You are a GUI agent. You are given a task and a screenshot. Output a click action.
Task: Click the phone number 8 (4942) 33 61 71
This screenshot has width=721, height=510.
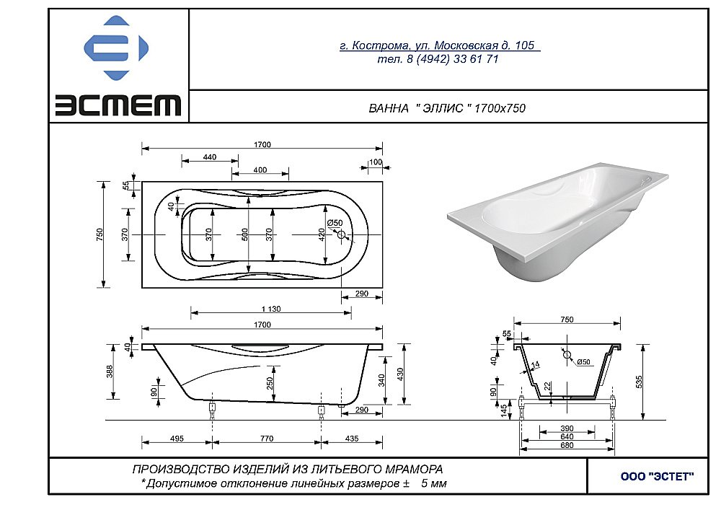(x=438, y=59)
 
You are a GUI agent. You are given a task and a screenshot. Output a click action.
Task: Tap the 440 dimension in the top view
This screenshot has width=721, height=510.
(x=210, y=157)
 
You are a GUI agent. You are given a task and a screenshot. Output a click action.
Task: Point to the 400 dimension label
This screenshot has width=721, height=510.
(x=260, y=170)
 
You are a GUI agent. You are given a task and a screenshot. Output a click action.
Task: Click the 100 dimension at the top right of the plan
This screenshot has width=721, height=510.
(x=376, y=162)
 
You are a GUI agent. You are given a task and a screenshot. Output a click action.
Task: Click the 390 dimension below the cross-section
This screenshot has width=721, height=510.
(x=567, y=428)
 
